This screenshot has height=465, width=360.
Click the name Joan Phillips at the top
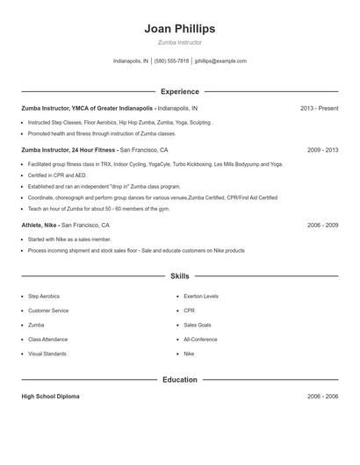180,28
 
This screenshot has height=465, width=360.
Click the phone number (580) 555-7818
171,61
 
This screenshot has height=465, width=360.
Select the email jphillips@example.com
220,61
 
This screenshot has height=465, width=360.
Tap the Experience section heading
180,91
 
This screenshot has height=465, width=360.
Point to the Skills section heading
180,276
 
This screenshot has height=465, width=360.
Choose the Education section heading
180,380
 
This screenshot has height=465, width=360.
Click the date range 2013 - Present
319,109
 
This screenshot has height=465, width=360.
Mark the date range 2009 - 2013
322,150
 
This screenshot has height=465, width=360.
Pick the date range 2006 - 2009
322,225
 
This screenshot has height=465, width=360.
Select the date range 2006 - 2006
322,397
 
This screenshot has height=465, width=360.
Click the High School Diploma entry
50,397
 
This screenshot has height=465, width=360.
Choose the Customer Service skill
48,311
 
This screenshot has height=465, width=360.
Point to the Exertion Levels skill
201,297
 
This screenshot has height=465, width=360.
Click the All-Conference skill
200,340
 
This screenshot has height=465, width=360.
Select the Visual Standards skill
47,354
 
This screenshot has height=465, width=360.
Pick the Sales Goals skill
198,325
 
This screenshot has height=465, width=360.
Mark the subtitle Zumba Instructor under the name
180,42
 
